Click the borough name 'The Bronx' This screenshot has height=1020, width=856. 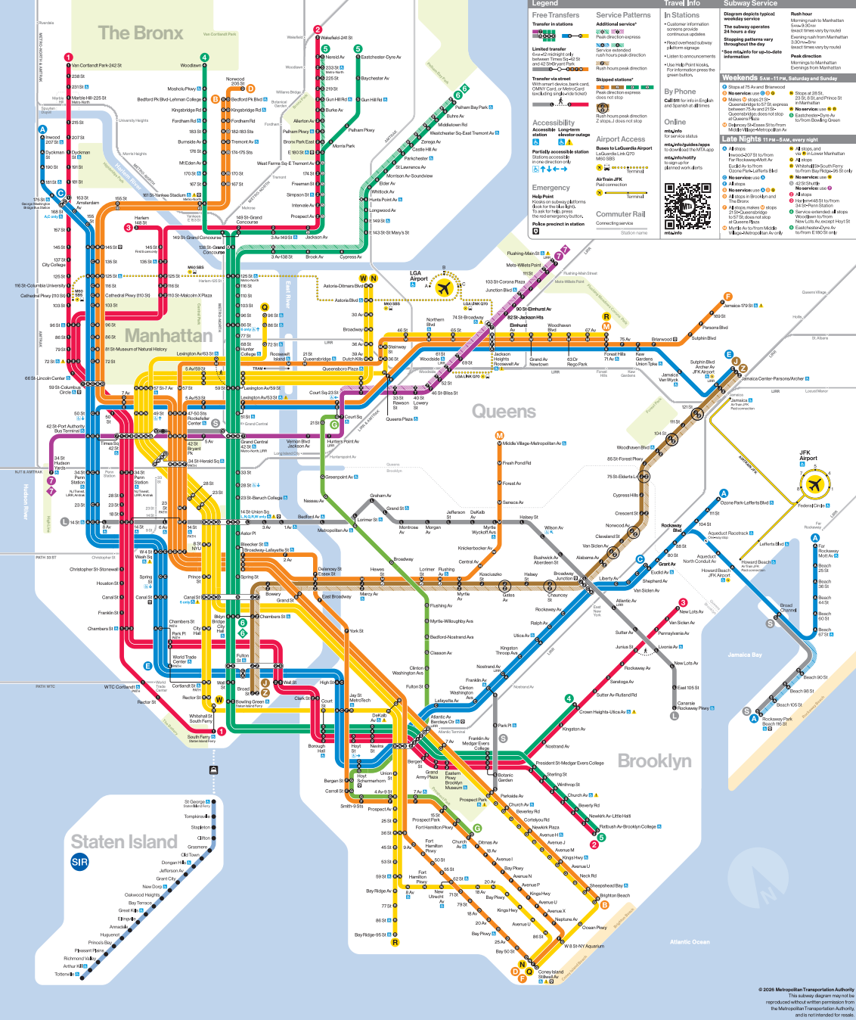click(141, 33)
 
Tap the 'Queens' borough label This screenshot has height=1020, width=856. click(504, 411)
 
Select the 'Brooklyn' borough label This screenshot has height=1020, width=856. click(654, 760)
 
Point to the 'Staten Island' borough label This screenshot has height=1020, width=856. click(124, 841)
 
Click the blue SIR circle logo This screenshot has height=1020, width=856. click(79, 862)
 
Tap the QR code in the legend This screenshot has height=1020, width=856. click(688, 206)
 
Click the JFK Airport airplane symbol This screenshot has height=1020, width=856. click(814, 484)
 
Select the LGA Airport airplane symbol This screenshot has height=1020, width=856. click(444, 288)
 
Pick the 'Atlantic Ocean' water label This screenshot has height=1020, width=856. click(690, 941)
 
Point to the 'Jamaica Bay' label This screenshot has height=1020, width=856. click(745, 655)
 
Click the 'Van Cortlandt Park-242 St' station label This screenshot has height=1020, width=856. click(96, 65)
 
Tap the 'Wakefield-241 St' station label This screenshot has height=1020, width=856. click(337, 37)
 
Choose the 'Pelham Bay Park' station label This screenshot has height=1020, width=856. click(472, 107)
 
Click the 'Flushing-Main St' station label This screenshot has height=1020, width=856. click(523, 253)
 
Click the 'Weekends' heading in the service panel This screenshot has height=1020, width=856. click(740, 78)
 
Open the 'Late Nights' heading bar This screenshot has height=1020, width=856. click(742, 139)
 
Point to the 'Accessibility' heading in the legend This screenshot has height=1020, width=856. click(554, 123)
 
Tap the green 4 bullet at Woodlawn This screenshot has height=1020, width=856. click(204, 57)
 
